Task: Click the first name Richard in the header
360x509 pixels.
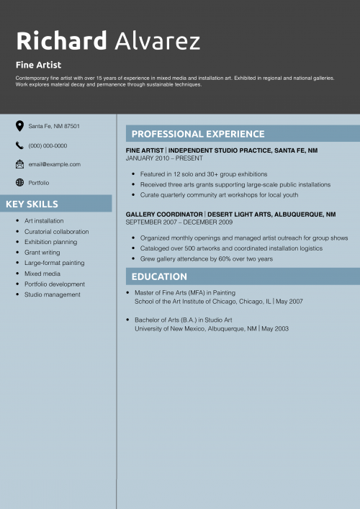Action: point(61,40)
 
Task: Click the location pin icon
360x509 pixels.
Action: point(19,126)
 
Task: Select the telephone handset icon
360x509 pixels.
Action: point(19,145)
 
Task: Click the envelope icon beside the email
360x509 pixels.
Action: point(19,164)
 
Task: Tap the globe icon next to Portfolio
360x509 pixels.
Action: point(19,183)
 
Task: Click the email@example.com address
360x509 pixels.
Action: point(54,164)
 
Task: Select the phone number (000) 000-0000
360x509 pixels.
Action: point(48,145)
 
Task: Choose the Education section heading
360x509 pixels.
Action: point(159,276)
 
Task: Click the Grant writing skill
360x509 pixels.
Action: point(42,253)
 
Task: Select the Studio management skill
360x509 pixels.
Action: point(52,294)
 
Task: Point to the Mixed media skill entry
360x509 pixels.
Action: point(42,274)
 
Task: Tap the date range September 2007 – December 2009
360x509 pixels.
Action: point(179,222)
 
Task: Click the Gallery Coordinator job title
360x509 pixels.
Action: point(164,215)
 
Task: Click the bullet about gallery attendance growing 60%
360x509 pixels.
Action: point(207,258)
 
